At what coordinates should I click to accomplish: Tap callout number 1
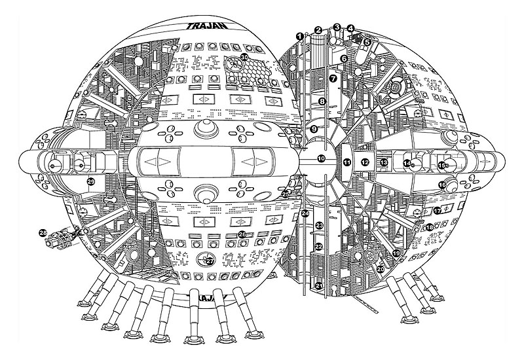[299, 35]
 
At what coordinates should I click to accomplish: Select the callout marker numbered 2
[318, 30]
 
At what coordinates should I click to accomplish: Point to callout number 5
[367, 41]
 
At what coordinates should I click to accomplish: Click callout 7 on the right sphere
[332, 78]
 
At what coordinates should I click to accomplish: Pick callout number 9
[314, 130]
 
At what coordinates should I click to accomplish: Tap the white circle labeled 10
[321, 158]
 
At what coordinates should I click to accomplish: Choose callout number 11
[347, 161]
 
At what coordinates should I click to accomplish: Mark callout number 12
[365, 162]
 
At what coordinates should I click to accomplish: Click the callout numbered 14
[407, 164]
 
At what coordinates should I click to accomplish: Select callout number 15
[442, 166]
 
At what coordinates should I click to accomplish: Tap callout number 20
[381, 269]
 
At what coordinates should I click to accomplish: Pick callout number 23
[319, 225]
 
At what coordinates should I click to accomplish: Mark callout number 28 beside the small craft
[43, 232]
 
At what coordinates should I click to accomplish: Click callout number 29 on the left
[91, 181]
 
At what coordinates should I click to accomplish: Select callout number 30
[244, 57]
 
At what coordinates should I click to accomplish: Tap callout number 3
[337, 27]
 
